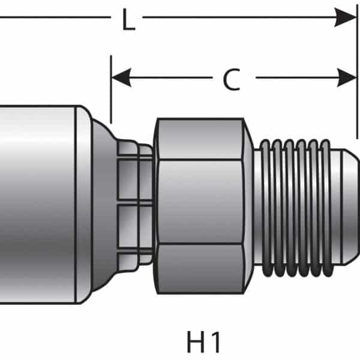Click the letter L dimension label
(x=127, y=20)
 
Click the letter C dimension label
(x=231, y=80)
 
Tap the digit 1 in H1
(x=215, y=342)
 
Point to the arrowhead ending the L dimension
(x=346, y=17)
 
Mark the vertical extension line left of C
(x=111, y=90)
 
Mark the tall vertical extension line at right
(x=357, y=72)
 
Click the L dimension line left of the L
(x=54, y=17)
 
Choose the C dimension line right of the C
(x=294, y=77)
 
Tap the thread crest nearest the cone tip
(x=325, y=204)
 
